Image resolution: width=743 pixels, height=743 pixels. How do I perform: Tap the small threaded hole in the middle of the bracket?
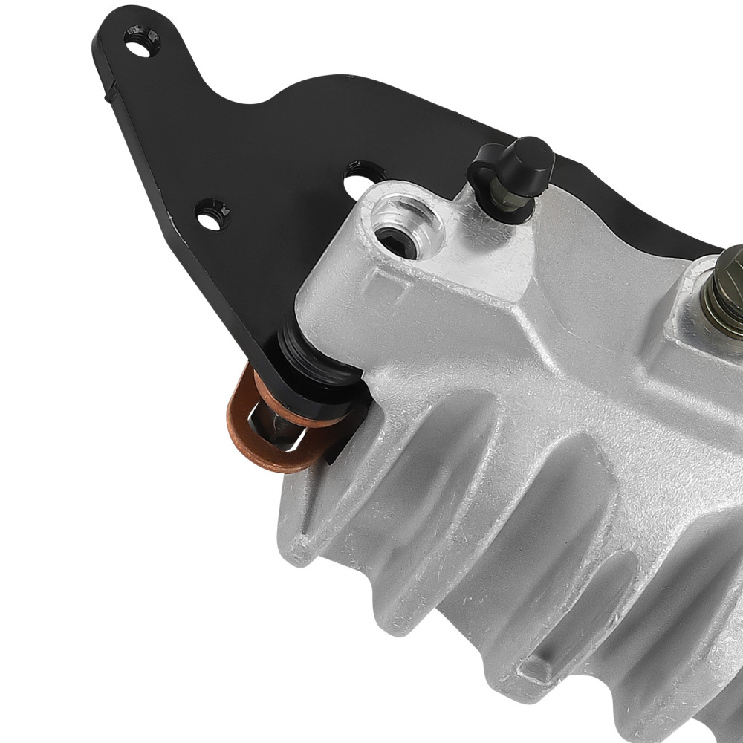(212, 213)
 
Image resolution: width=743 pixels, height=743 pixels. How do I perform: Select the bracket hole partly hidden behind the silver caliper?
(361, 176)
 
